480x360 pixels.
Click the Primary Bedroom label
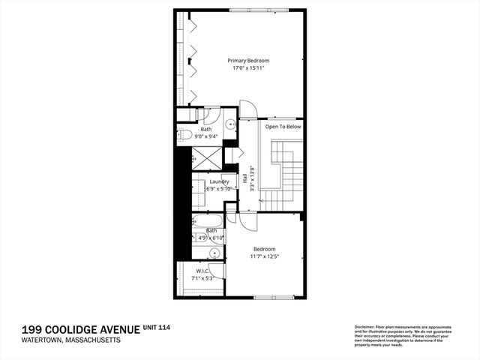point(248,60)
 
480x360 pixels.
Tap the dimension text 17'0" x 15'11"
point(248,68)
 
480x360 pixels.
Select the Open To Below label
point(283,127)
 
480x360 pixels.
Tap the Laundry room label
point(219,181)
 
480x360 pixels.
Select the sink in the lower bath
point(214,253)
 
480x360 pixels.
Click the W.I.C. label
point(202,271)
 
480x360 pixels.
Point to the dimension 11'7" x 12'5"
point(264,256)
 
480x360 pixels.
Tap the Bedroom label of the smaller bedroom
point(264,249)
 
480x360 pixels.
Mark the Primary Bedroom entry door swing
point(248,109)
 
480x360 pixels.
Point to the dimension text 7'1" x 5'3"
point(202,278)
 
